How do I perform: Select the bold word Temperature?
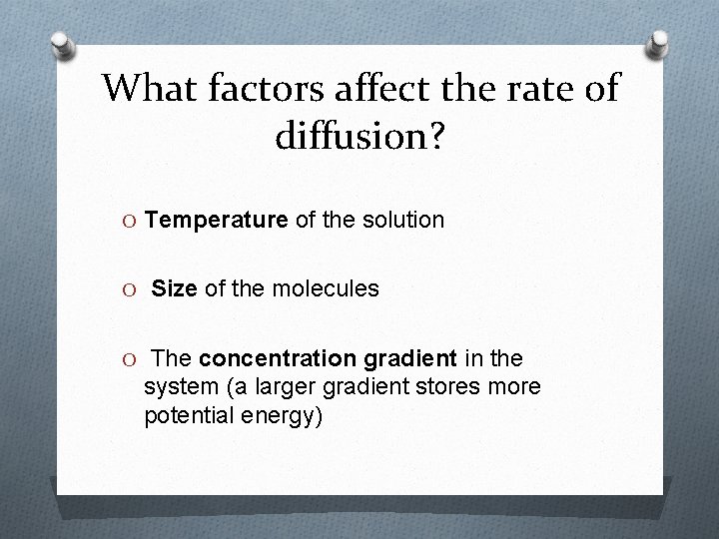[216, 220]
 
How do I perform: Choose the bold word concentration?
[277, 358]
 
